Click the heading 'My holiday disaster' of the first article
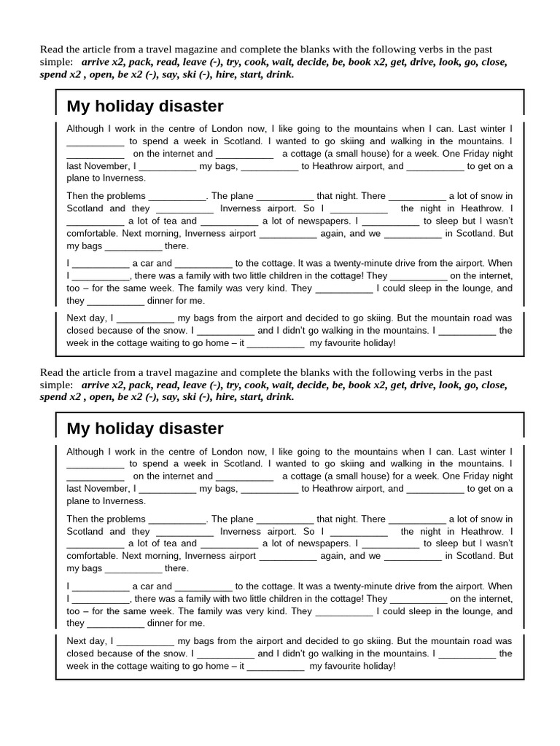(x=145, y=106)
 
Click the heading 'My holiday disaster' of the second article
(x=145, y=429)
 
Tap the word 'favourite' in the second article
(x=333, y=666)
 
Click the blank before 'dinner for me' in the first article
(x=116, y=301)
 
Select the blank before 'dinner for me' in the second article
(x=116, y=624)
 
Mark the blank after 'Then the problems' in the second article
(x=177, y=519)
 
